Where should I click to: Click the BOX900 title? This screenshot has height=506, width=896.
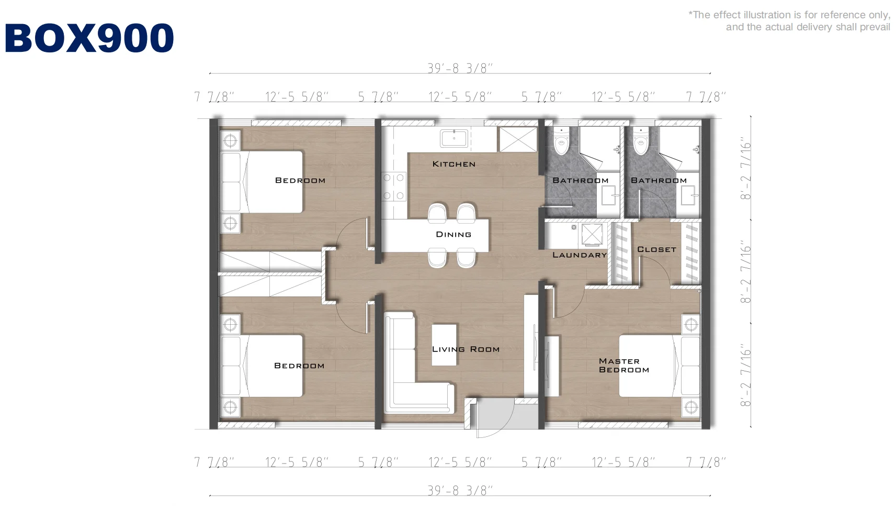89,38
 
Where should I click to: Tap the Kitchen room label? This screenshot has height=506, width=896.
454,164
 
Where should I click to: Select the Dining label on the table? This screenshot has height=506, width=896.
453,234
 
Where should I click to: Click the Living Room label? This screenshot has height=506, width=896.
466,349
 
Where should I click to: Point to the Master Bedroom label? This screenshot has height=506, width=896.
623,366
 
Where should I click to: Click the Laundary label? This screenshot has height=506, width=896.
580,255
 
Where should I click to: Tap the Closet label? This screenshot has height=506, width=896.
657,249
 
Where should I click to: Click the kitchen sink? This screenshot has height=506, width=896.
454,139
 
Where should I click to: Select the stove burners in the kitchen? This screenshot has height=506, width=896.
393,186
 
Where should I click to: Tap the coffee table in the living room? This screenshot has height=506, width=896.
444,345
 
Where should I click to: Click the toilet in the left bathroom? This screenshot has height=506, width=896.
562,140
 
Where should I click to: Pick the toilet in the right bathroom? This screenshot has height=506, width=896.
641,140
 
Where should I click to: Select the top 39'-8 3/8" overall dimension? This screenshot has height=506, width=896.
460,69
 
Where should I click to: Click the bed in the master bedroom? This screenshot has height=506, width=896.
659,366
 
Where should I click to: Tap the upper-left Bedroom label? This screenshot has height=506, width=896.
300,180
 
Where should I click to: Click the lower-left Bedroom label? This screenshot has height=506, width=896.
299,366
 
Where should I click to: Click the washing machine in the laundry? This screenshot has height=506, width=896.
592,234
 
